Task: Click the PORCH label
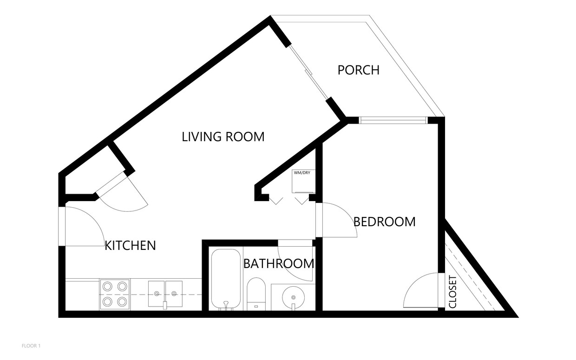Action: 358,70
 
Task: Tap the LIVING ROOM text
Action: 223,137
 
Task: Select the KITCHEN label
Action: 130,245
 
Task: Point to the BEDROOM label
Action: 384,222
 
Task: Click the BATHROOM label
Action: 278,264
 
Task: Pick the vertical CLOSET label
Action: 453,292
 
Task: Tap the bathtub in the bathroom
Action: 226,279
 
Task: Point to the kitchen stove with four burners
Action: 115,294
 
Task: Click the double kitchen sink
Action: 165,294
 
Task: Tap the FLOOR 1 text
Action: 32,346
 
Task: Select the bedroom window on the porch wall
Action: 393,120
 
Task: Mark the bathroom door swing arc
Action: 297,262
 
